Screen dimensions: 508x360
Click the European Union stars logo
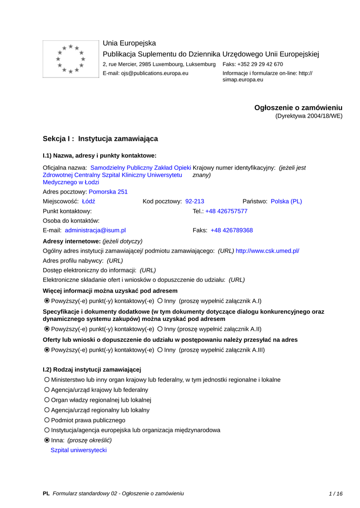coord(71,59)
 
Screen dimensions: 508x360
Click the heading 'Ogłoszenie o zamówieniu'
coord(298,108)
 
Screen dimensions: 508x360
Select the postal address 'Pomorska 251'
coord(108,191)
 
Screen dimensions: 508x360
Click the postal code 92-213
coord(195,201)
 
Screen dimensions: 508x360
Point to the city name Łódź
coord(88,201)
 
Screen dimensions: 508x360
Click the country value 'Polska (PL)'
coord(287,201)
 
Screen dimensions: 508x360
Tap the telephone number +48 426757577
coord(226,211)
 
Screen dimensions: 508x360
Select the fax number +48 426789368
coord(231,230)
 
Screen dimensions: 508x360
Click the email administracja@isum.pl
coord(95,230)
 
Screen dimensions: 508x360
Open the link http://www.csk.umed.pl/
coord(268,251)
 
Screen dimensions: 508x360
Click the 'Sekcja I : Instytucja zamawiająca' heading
coord(100,139)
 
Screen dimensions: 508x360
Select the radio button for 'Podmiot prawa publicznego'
coord(47,420)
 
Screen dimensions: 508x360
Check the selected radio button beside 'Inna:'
coord(47,440)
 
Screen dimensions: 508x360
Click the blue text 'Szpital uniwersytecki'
coord(78,450)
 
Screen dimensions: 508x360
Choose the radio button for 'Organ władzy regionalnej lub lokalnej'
coord(47,400)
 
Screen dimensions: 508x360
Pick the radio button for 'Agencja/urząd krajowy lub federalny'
coord(47,390)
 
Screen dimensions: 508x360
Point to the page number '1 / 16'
coord(336,494)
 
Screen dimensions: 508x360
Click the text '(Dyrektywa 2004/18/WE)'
coord(309,116)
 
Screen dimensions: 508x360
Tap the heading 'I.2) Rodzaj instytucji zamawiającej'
coord(92,370)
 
